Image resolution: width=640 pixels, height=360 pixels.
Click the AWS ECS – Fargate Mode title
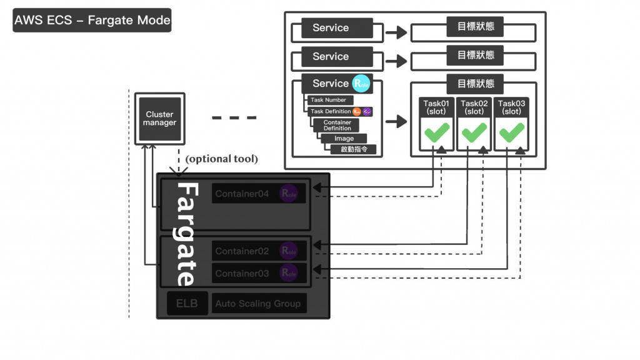(92, 20)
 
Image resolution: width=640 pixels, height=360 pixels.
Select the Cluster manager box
(160, 118)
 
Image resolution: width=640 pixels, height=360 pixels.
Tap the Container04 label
(242, 194)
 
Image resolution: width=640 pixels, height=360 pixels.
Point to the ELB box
(186, 304)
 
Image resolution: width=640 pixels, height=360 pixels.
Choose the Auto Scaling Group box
(259, 304)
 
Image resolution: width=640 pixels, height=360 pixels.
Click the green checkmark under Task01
(437, 132)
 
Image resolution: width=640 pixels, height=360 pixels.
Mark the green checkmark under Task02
(474, 132)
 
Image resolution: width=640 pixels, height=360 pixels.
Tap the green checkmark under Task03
(512, 132)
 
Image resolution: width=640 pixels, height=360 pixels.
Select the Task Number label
(329, 100)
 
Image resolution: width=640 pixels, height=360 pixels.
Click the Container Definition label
(337, 125)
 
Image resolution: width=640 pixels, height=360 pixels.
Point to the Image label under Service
(344, 138)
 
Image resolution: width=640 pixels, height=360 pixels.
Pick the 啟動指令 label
(354, 149)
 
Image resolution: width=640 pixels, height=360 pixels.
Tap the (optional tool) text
(221, 159)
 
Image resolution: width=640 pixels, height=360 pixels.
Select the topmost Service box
(331, 27)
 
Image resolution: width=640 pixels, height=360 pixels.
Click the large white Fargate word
(186, 234)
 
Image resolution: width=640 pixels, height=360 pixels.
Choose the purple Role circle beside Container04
(289, 194)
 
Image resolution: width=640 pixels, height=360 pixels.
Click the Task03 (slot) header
(512, 107)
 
